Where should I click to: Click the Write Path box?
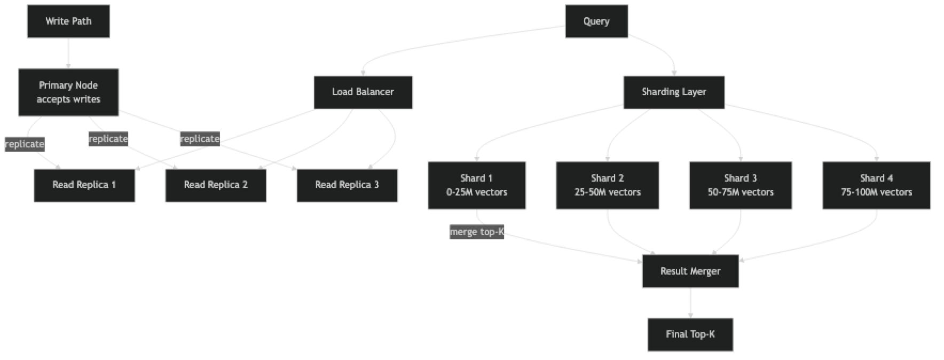[68, 21]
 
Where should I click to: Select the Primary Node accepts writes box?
[68, 92]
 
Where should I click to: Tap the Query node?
[596, 21]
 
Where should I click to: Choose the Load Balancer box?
[363, 92]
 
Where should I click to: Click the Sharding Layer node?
[674, 92]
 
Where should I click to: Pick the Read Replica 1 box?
[84, 185]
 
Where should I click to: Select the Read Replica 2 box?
[215, 185]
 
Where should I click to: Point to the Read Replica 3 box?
[347, 185]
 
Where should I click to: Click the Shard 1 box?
[476, 185]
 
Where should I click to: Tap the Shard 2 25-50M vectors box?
[607, 185]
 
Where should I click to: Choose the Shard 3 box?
[741, 185]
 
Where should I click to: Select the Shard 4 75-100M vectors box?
[876, 185]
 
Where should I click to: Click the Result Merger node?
[690, 271]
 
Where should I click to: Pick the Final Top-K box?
[690, 334]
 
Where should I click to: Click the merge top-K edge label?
[477, 232]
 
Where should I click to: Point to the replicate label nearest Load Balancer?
[200, 139]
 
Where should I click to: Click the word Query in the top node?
[596, 21]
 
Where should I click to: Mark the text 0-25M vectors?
[477, 192]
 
